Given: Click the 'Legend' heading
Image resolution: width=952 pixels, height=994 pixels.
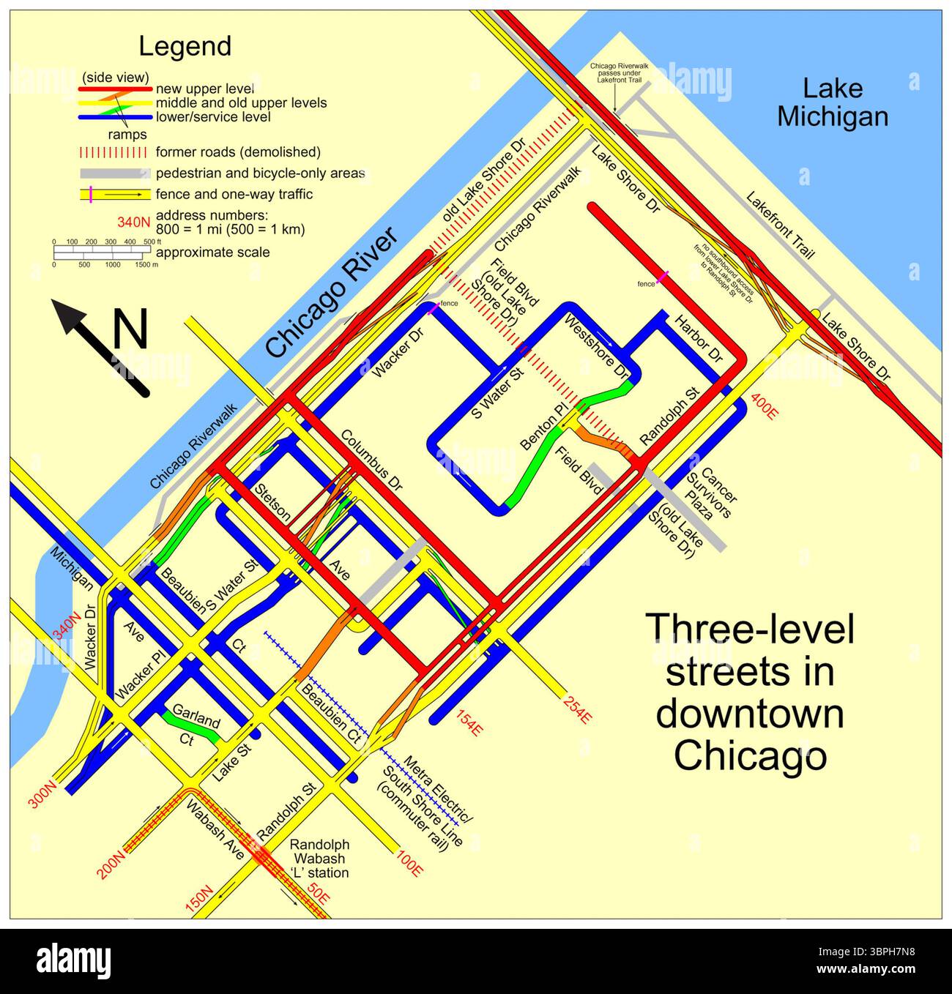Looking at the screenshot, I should pyautogui.click(x=185, y=46).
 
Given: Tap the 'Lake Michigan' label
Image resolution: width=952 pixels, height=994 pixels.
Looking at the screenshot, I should pyautogui.click(x=833, y=102).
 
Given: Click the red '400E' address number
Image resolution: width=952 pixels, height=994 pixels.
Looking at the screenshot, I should pyautogui.click(x=764, y=407).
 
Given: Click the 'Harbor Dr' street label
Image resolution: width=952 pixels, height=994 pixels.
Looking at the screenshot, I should pyautogui.click(x=698, y=340).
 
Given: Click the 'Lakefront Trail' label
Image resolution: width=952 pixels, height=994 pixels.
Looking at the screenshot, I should pyautogui.click(x=780, y=225).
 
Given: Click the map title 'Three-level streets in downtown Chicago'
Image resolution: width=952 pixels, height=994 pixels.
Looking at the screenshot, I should pyautogui.click(x=750, y=692).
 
